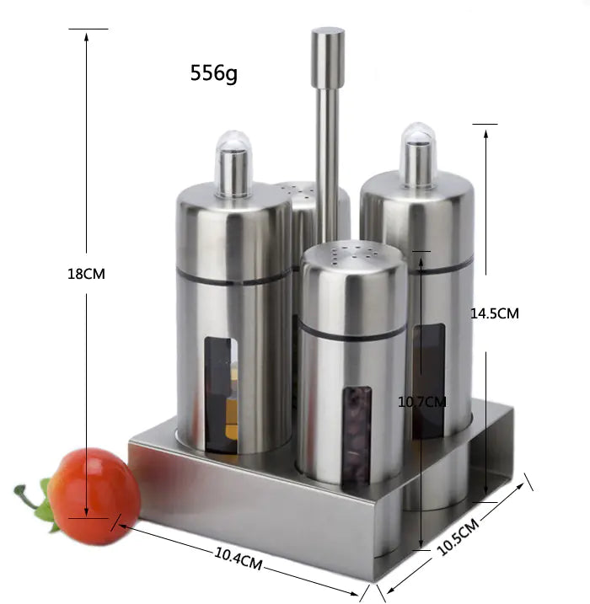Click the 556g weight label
213,73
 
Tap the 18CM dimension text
86,274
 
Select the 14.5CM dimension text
494,313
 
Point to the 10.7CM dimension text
421,402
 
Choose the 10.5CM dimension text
458,537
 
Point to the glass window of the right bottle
429,379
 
